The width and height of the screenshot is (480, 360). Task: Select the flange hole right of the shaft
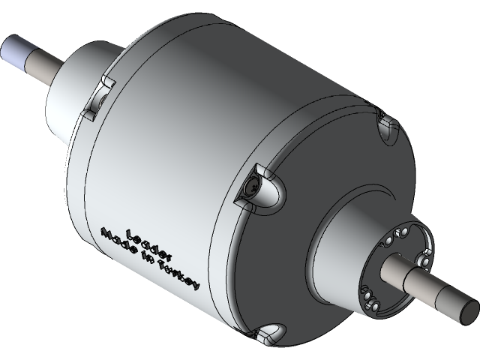(423, 259)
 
